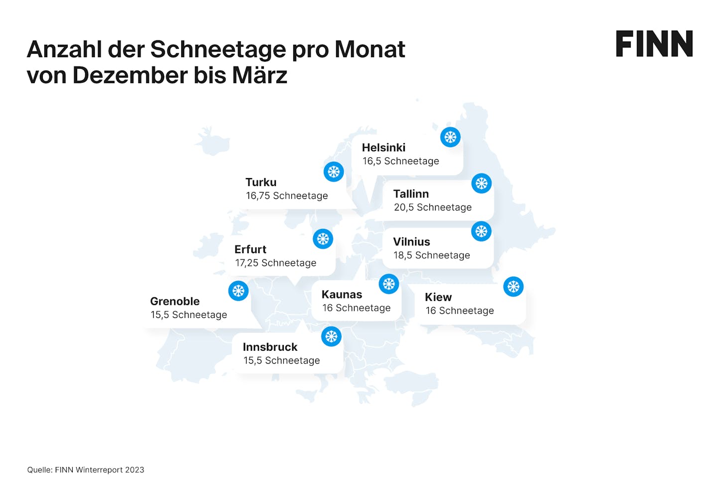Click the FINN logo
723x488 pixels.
[x=654, y=44]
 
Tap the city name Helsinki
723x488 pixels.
[x=383, y=147]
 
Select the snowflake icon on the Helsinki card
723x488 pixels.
[x=450, y=137]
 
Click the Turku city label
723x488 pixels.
[x=261, y=182]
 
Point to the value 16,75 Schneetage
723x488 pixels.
[x=287, y=196]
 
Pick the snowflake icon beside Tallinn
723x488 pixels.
[x=481, y=184]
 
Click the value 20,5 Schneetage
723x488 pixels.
[x=433, y=207]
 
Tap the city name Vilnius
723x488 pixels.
[x=411, y=242]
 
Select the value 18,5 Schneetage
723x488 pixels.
[x=432, y=255]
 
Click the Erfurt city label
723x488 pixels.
[x=250, y=249]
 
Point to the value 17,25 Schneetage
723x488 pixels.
[x=275, y=263]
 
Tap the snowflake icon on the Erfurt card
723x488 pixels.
[x=323, y=239]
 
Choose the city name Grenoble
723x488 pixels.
[x=175, y=301]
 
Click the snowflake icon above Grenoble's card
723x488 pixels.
[x=238, y=291]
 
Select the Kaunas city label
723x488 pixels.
[x=342, y=294]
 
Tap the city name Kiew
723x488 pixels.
[x=438, y=297]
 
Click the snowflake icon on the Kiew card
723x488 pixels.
[x=513, y=287]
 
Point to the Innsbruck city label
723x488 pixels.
[x=270, y=347]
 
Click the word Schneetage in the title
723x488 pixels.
[x=218, y=50]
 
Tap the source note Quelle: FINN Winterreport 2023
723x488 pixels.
[x=86, y=470]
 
